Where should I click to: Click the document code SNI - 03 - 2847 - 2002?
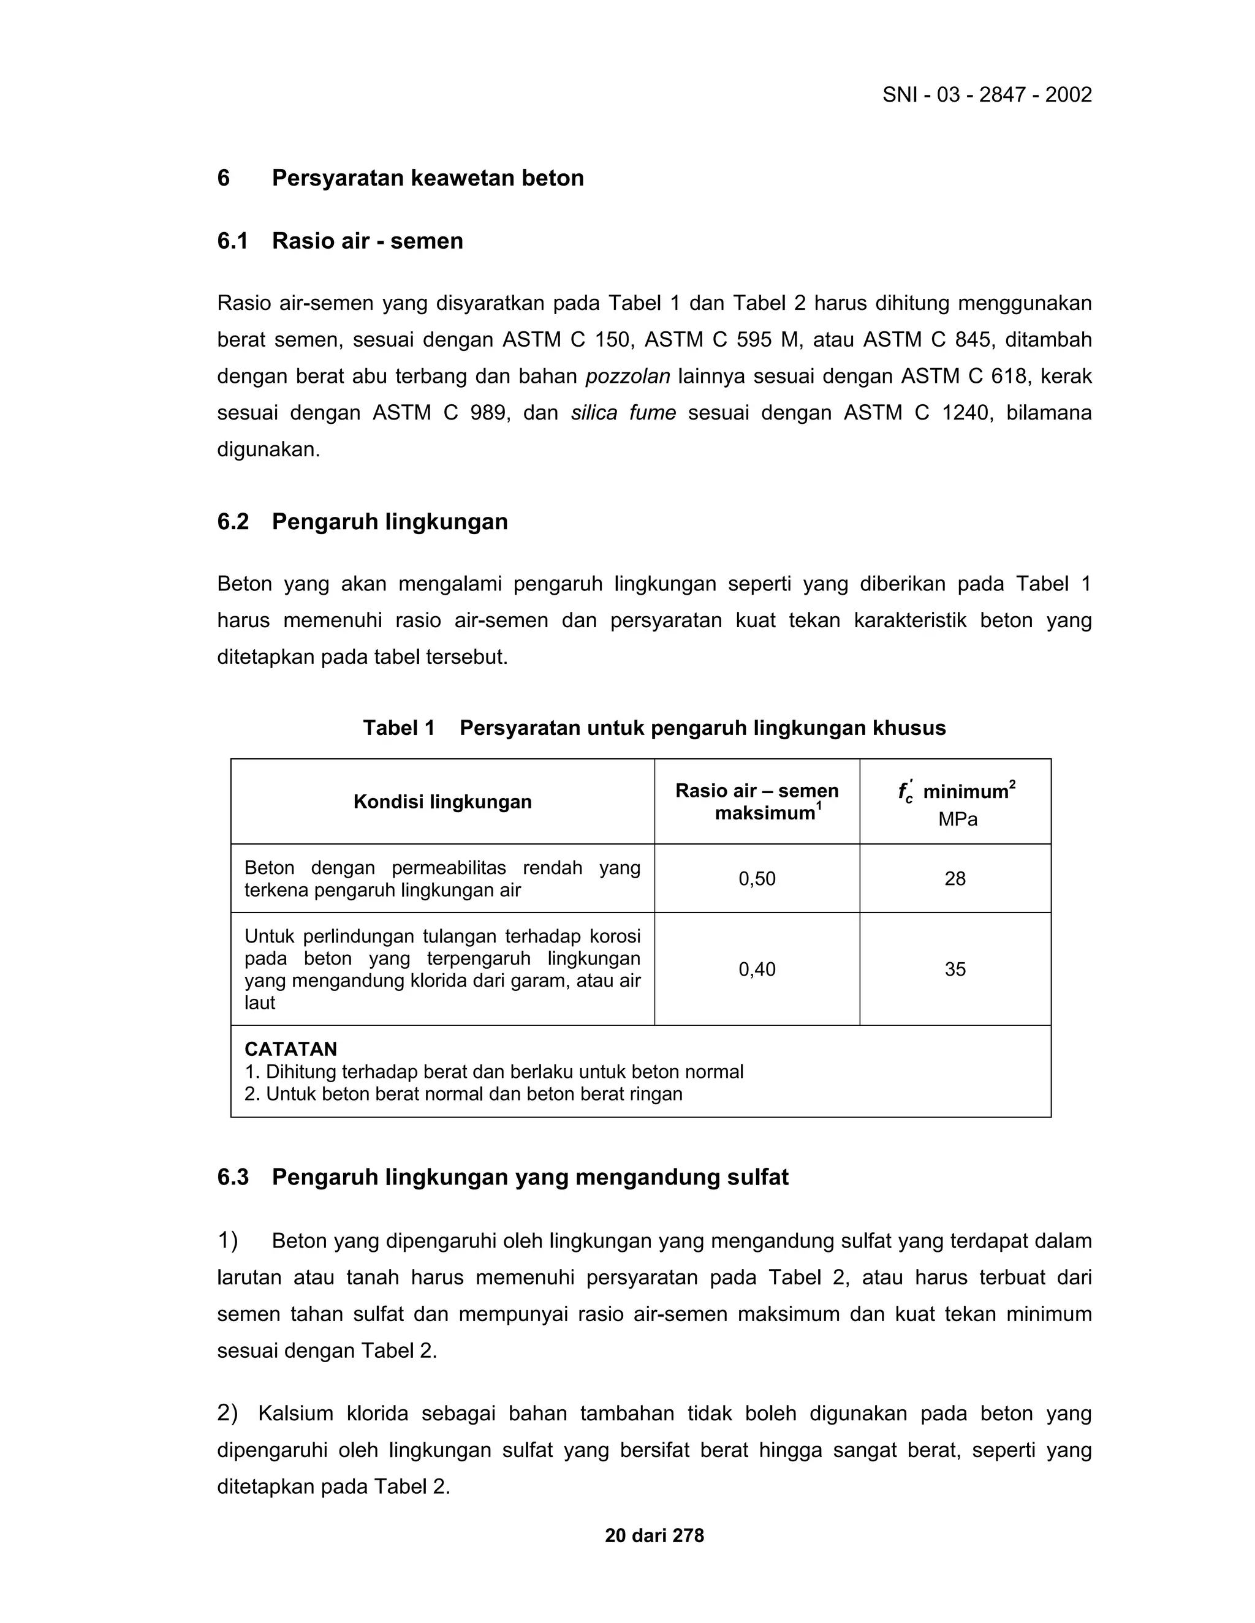point(987,95)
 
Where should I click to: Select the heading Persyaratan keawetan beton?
point(428,178)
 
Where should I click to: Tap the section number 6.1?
point(232,241)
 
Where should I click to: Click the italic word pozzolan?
point(627,377)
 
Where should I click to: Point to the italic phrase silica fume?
point(623,413)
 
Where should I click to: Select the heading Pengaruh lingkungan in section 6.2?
point(390,522)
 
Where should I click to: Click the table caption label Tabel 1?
point(398,728)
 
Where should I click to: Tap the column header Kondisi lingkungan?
point(442,802)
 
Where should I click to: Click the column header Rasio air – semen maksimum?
point(757,802)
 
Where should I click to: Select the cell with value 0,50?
point(757,878)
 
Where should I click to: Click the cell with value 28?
point(955,878)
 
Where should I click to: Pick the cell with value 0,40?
point(757,969)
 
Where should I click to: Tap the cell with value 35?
point(955,969)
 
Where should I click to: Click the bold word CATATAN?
point(290,1049)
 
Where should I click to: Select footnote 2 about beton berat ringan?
point(463,1094)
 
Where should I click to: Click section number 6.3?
point(232,1177)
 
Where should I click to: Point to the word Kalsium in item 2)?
point(295,1414)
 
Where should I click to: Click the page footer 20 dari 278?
point(654,1536)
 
